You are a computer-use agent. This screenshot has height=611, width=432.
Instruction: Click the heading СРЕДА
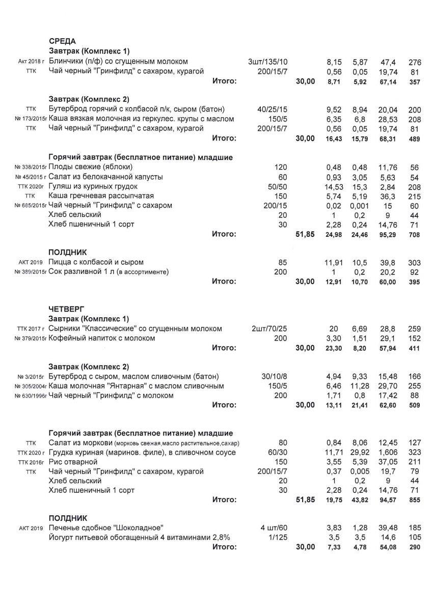(62, 41)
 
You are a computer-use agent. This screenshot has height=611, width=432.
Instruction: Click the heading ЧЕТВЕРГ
(66, 309)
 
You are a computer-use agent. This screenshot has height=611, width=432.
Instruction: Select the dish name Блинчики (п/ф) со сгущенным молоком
(119, 62)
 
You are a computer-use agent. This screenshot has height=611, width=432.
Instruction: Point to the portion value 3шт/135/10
(267, 62)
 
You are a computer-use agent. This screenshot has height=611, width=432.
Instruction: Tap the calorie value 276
(415, 62)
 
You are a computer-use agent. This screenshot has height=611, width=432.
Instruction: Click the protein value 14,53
(334, 186)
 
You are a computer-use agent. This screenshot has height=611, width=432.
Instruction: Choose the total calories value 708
(415, 235)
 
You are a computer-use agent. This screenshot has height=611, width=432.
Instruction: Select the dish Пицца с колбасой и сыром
(96, 262)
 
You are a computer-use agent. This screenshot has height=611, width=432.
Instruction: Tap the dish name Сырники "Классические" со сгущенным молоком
(136, 328)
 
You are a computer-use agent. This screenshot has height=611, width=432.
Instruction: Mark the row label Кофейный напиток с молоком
(102, 338)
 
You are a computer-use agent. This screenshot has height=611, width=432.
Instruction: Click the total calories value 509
(415, 406)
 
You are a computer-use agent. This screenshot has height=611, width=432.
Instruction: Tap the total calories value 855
(415, 501)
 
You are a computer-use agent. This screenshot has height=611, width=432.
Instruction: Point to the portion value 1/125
(277, 537)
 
